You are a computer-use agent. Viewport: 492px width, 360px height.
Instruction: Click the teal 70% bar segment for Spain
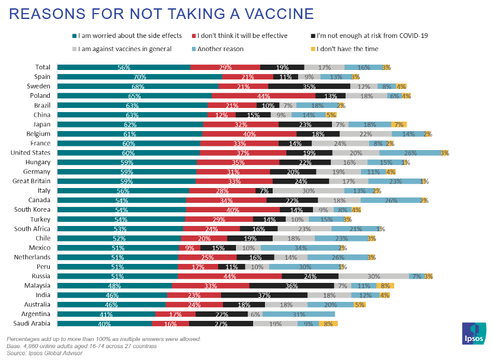coord(139,77)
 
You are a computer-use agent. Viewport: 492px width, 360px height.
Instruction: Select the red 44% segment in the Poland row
coord(263,95)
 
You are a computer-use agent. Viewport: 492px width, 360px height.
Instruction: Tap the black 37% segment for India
coord(264,295)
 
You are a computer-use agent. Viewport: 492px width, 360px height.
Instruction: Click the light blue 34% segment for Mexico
coord(300,247)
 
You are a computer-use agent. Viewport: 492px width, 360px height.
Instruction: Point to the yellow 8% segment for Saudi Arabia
coord(328,324)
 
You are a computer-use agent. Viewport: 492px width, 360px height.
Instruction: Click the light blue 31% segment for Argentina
coord(299,314)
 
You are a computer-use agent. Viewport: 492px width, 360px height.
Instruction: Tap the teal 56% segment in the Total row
coord(123,67)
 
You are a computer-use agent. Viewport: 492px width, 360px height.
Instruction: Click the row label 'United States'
coord(32,152)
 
